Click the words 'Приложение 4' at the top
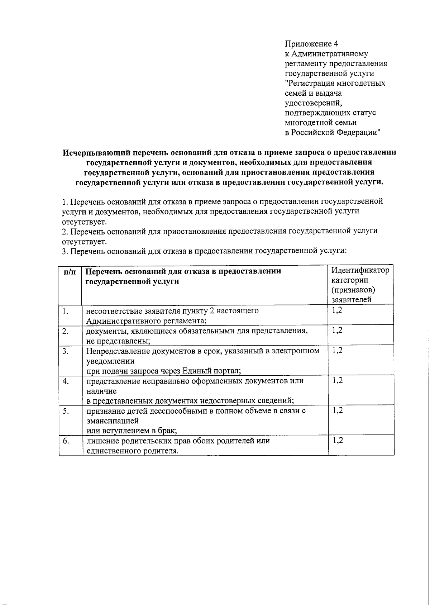click(311, 44)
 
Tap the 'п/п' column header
click(70, 272)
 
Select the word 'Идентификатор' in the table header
click(360, 270)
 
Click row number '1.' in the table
click(65, 311)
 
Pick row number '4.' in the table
click(65, 381)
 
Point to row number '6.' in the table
click(66, 441)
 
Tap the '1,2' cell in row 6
click(337, 440)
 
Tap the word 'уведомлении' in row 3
click(110, 361)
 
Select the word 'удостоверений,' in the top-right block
click(313, 103)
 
